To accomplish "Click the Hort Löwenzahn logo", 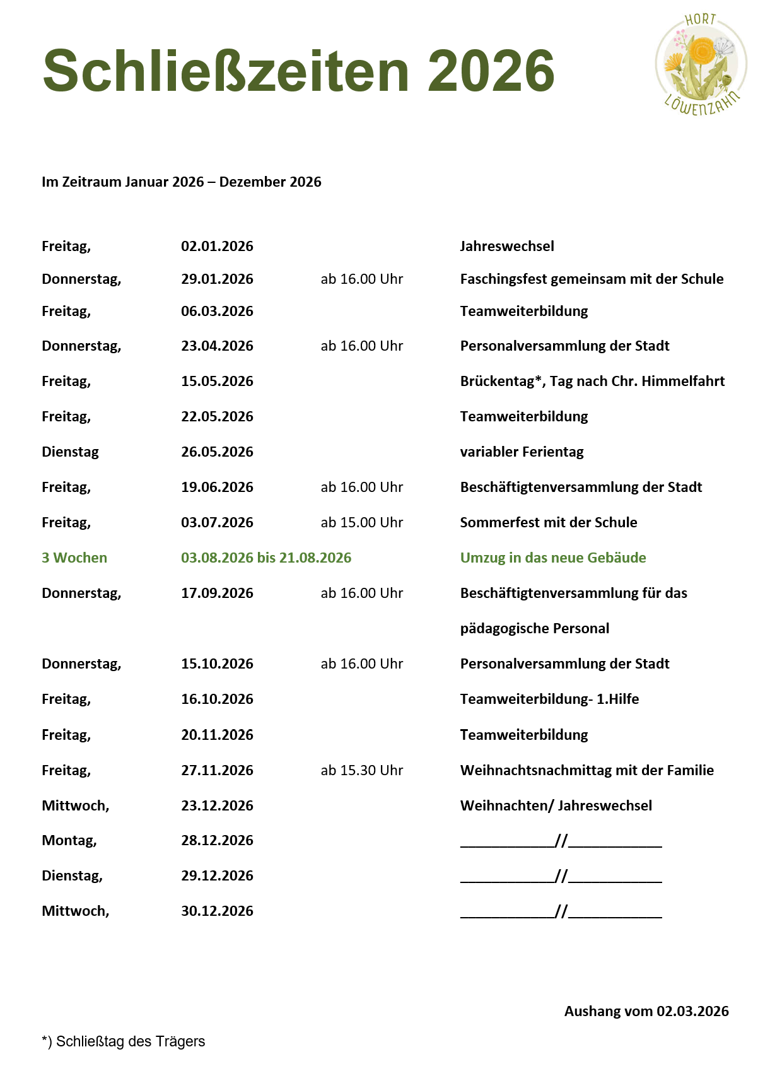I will point(701,64).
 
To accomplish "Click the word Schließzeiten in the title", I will point(226,71).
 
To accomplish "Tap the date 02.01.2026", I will point(217,246).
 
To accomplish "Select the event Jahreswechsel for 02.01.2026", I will point(507,246).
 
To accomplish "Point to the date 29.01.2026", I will point(217,279).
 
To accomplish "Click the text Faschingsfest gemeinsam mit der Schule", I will point(592,279).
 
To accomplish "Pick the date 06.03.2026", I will point(217,311).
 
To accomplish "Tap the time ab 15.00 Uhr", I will point(361,522).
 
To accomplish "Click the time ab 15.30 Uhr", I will point(361,770).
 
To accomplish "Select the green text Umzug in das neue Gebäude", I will point(553,558).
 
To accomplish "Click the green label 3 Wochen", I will point(74,558).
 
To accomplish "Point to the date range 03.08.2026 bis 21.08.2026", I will point(266,558).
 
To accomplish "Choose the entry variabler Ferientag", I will point(522,452).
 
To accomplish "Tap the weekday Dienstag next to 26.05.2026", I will point(70,452).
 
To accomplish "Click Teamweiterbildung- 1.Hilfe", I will point(549,699).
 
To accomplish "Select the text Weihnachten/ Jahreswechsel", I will point(556,805).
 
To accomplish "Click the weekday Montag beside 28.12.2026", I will point(69,840).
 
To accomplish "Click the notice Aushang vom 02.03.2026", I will point(646,1011).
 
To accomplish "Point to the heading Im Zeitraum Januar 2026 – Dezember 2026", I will point(182,182).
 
